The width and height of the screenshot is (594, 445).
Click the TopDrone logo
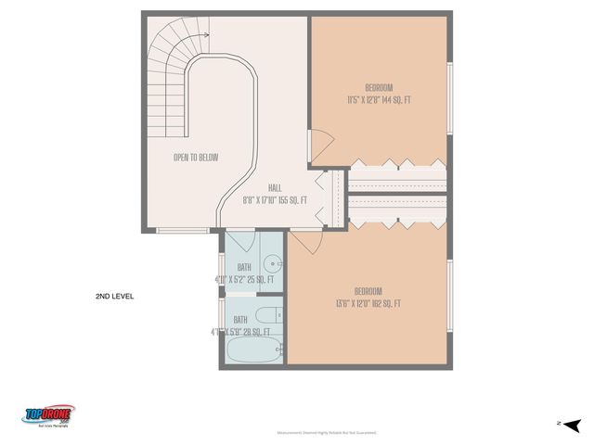[49, 414]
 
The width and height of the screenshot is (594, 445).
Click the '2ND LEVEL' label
[114, 297]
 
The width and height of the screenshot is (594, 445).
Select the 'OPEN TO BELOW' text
[196, 158]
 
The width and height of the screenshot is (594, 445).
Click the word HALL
[275, 186]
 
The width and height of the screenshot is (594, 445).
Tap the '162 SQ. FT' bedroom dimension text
[368, 303]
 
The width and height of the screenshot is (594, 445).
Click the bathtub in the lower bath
[252, 351]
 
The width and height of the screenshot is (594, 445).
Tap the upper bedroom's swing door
[319, 144]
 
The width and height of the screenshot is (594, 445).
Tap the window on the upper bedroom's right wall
[449, 100]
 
